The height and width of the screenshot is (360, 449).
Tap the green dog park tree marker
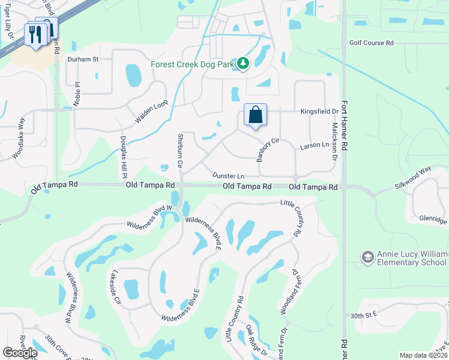pyautogui.click(x=243, y=63)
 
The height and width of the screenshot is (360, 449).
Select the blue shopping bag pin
pyautogui.click(x=255, y=115)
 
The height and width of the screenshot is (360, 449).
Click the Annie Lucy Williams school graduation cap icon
pyautogui.click(x=367, y=257)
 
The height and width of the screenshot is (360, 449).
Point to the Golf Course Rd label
pyautogui.click(x=371, y=43)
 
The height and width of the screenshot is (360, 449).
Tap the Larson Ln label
pyautogui.click(x=315, y=145)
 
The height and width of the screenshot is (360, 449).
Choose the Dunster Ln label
pyautogui.click(x=228, y=176)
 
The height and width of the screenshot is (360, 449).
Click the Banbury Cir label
pyautogui.click(x=268, y=149)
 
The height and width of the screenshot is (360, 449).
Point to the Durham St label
pyautogui.click(x=83, y=59)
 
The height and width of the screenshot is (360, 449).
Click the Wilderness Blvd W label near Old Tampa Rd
pyautogui.click(x=149, y=217)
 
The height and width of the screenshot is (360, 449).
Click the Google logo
pyautogui.click(x=20, y=352)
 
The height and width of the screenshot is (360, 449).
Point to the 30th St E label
pyautogui.click(x=364, y=314)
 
